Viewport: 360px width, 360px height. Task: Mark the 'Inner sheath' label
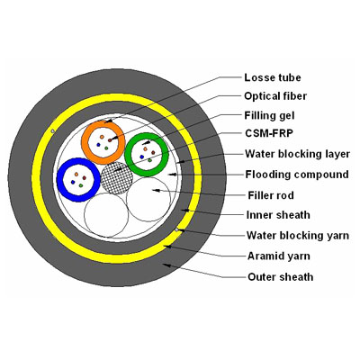(277, 215)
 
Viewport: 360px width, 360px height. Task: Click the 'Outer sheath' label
(279, 277)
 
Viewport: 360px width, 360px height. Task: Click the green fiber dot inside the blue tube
(81, 181)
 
